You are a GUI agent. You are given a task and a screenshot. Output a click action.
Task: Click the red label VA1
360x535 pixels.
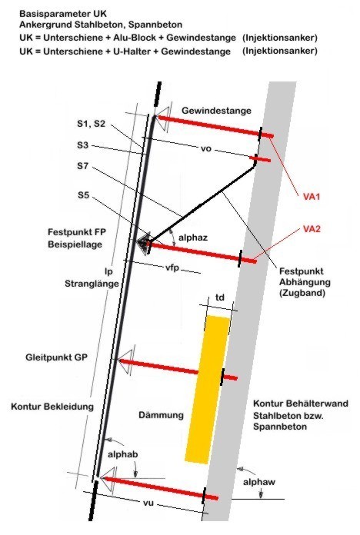[x=312, y=197]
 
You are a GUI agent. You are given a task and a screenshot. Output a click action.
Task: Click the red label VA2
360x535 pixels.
[x=312, y=228]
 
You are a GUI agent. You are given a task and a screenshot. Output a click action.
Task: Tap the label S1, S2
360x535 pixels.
[x=92, y=124]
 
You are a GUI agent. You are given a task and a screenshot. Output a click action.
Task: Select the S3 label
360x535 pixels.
[x=82, y=145]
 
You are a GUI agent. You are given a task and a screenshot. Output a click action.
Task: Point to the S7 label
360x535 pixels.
[x=82, y=166]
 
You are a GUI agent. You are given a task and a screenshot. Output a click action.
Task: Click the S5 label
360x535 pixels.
[x=83, y=194]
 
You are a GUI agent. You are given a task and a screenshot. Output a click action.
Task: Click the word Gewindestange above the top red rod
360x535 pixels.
[x=217, y=111]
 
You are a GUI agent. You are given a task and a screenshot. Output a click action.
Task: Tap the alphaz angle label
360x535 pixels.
[x=193, y=238]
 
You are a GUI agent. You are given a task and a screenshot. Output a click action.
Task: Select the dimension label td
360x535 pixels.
[x=220, y=297]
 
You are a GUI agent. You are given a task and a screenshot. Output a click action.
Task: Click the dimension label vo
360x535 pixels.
[x=206, y=149]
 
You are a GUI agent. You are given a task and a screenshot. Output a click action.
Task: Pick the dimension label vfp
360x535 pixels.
[x=172, y=267]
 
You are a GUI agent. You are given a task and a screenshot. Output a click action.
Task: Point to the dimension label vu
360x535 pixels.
[x=148, y=503]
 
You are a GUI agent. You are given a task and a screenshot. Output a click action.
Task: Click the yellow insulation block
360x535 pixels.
[x=208, y=390]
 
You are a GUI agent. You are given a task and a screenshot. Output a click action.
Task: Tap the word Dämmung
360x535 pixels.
[x=162, y=415]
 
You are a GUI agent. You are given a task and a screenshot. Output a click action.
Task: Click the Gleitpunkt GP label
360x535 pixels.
[x=56, y=357]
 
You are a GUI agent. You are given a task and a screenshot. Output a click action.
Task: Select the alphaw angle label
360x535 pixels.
[x=259, y=482]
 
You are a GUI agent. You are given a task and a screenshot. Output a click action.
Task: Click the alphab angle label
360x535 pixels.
[x=122, y=454]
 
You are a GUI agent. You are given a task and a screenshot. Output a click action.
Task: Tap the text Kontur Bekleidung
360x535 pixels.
[x=52, y=407]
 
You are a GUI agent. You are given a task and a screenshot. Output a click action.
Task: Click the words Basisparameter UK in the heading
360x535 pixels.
[x=63, y=14]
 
